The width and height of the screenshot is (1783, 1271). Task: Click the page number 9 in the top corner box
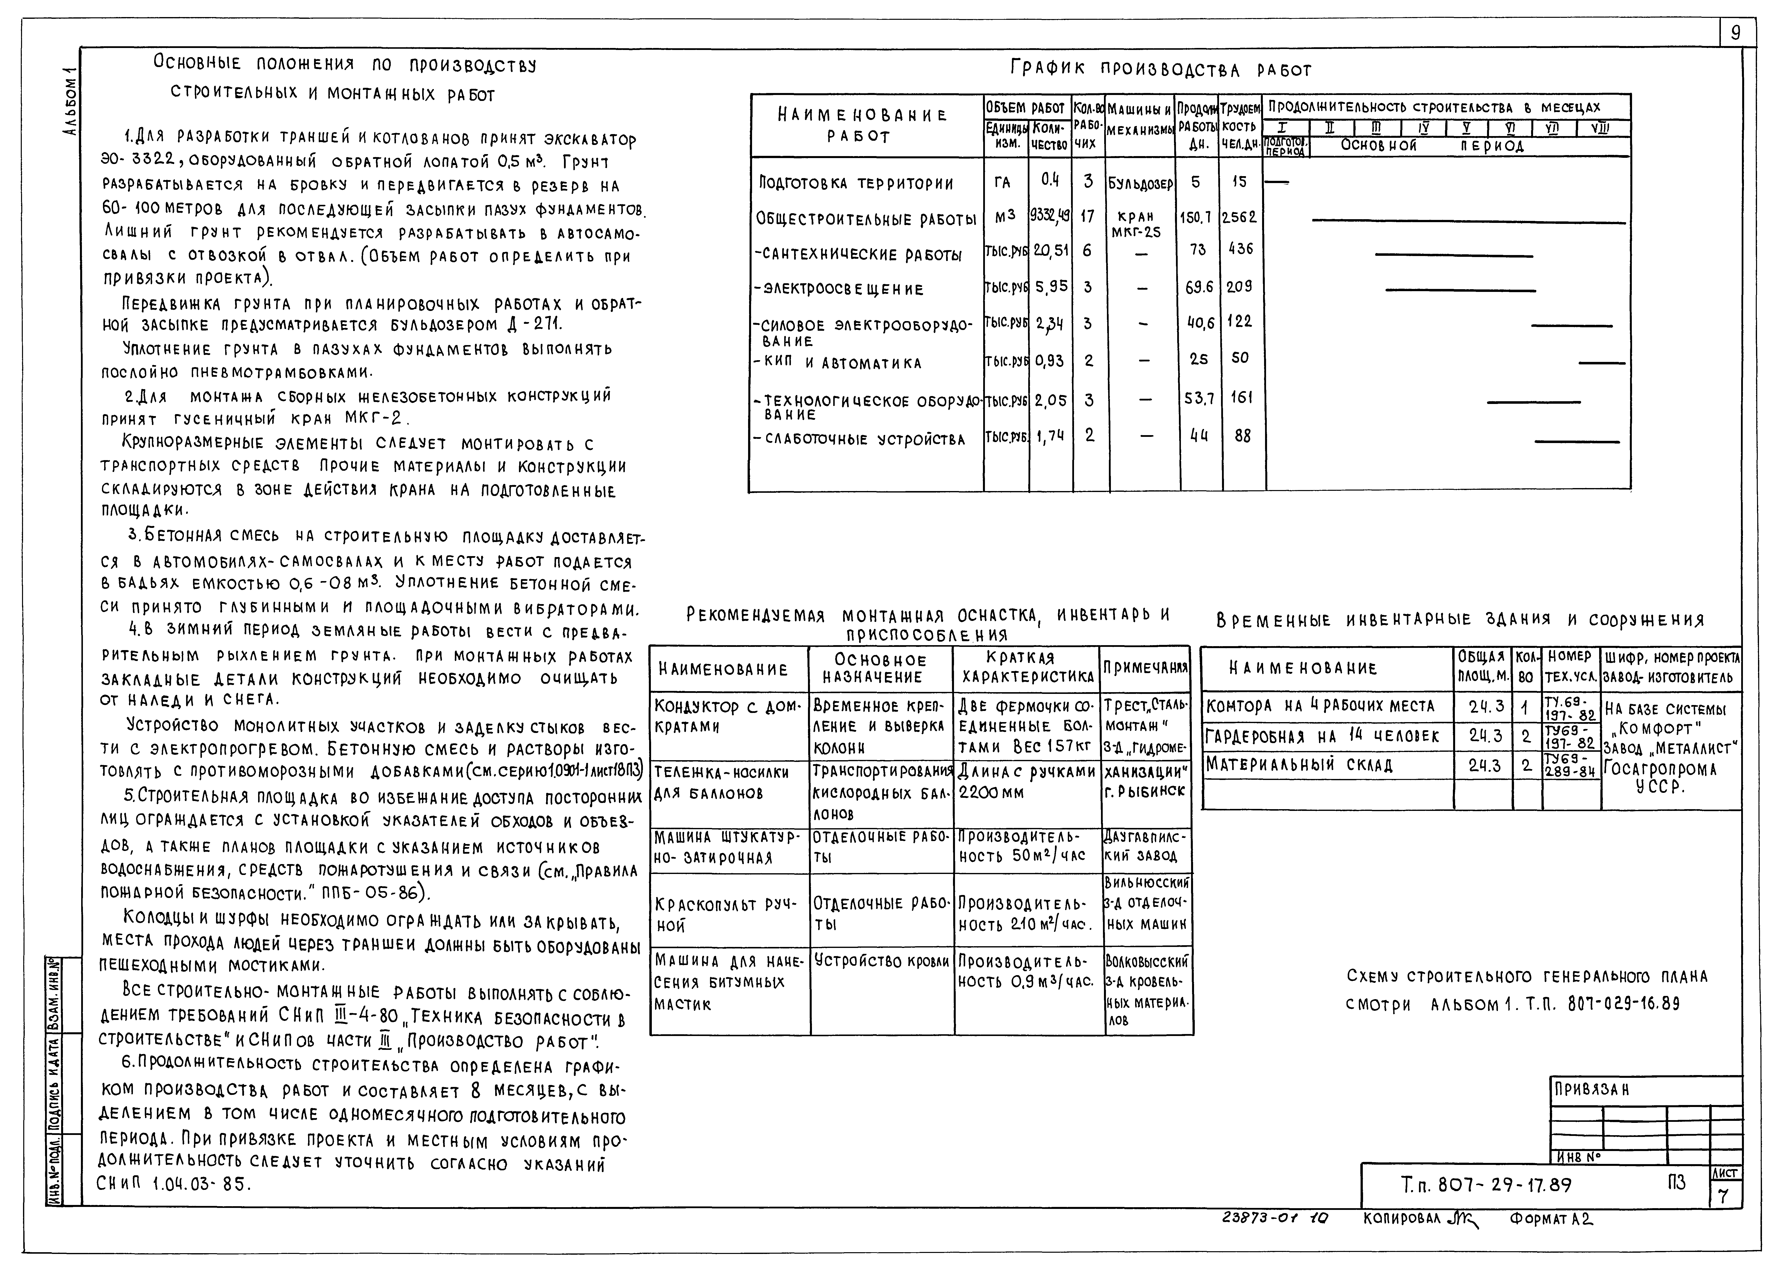1736,33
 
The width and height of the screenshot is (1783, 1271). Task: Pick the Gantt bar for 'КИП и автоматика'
1601,363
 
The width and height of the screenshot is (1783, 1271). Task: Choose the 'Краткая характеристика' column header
1026,668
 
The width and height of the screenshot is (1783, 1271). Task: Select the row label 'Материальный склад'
1299,765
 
